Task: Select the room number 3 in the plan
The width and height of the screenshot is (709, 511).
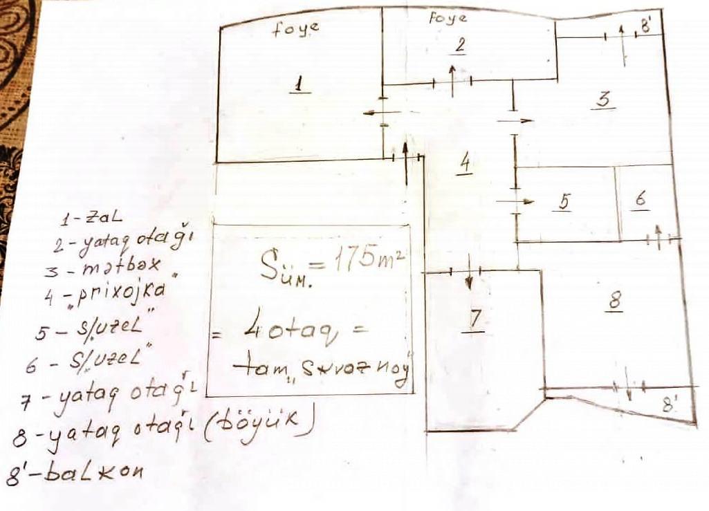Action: tap(602, 101)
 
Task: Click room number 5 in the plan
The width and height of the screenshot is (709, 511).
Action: tap(564, 201)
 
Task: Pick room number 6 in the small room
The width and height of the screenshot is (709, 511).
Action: tap(641, 199)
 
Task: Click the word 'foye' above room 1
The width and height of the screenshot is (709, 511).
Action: tap(296, 29)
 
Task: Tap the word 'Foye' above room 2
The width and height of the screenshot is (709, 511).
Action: tap(448, 18)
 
